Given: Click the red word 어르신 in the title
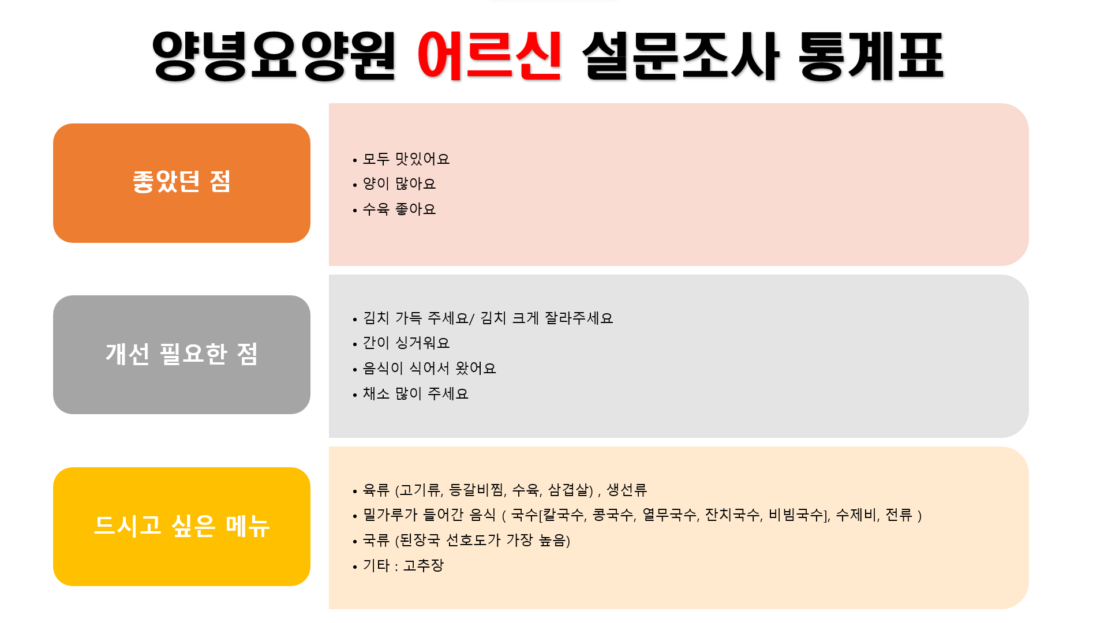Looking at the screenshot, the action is [489, 55].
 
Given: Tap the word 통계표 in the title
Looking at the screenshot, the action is [871, 55].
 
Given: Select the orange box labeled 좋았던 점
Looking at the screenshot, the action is [182, 183].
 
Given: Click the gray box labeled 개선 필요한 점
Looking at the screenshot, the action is [182, 355].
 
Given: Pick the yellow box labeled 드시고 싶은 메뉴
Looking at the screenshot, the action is [182, 527].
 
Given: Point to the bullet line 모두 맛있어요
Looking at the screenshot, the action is [406, 159].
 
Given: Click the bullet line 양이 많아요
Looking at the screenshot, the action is [399, 184].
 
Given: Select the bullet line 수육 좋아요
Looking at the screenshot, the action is [399, 209].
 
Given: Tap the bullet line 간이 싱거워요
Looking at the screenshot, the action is [406, 343].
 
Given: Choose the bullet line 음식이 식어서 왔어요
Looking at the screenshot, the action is [429, 368].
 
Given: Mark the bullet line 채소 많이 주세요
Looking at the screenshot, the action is [415, 393].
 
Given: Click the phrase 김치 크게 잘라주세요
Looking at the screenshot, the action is [546, 318].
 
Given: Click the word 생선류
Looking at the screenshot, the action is [627, 490].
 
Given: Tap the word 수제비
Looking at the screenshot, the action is [856, 515].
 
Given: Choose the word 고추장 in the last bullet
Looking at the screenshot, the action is [423, 565].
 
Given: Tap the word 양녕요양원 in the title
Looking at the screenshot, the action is [274, 55].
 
